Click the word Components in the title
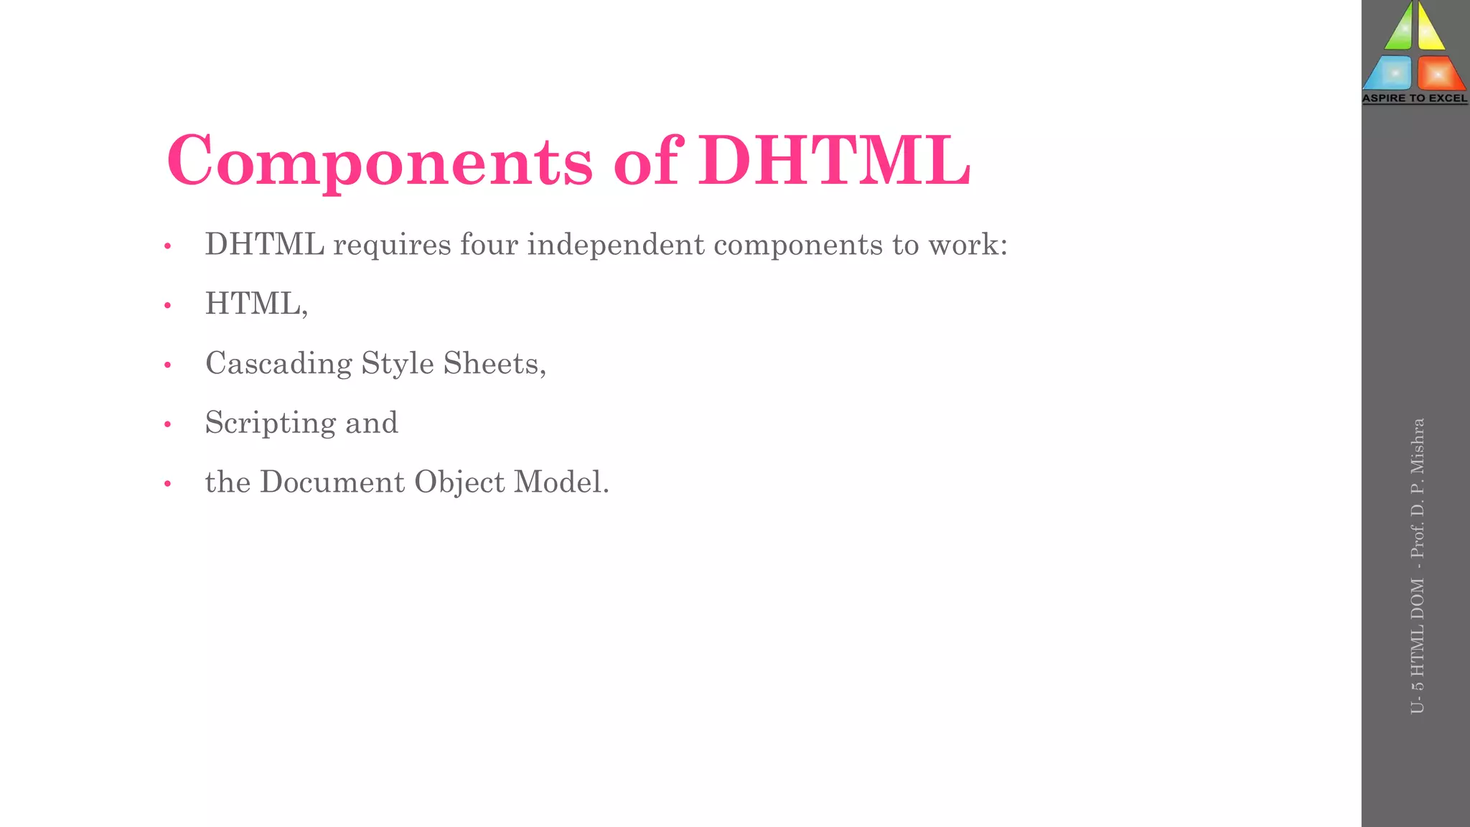(x=380, y=162)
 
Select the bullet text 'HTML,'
(x=256, y=304)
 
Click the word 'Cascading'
(x=278, y=364)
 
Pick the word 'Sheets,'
(x=495, y=363)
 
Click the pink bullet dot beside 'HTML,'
(x=168, y=306)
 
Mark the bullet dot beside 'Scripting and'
(x=168, y=424)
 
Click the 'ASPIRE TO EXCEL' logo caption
(x=1415, y=98)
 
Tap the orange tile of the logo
(x=1438, y=73)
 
